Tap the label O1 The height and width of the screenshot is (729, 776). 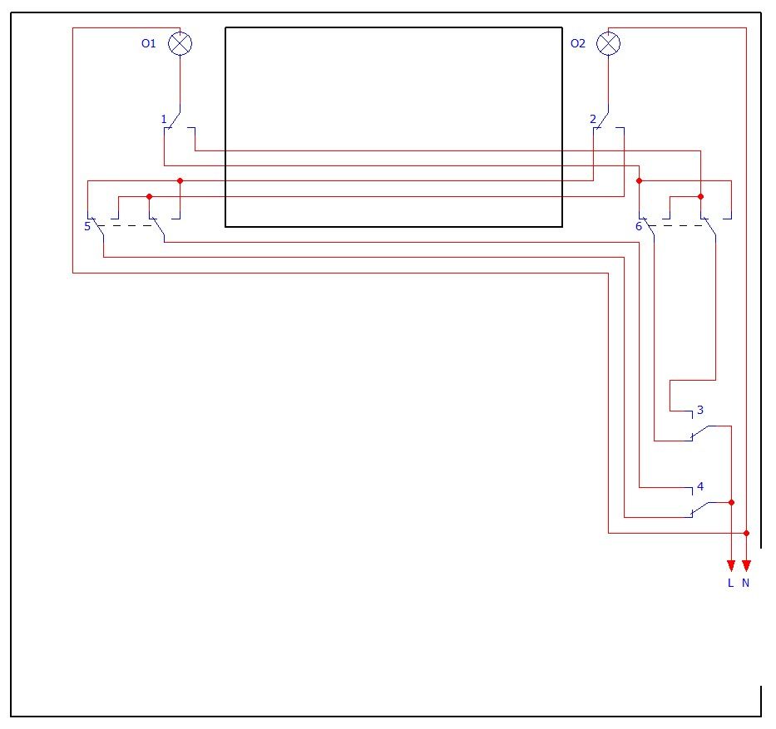[149, 43]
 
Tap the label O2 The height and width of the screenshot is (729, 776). [577, 43]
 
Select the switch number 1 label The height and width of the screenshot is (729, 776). [164, 119]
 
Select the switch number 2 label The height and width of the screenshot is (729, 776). [593, 119]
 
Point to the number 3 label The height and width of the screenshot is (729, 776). [700, 410]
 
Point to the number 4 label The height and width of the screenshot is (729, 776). [700, 486]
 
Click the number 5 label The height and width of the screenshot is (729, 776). [87, 227]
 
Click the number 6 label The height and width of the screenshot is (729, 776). [639, 227]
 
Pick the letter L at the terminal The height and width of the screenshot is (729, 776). [731, 583]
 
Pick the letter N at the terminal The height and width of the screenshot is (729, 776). [746, 583]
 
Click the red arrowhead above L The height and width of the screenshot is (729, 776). [731, 565]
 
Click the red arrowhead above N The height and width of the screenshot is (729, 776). [747, 565]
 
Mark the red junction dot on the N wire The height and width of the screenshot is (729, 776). [746, 533]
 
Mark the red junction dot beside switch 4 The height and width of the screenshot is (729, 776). [731, 502]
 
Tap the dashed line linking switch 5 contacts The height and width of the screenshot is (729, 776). [126, 226]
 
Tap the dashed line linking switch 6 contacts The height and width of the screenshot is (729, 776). [678, 226]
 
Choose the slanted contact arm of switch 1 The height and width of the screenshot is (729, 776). [174, 121]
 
